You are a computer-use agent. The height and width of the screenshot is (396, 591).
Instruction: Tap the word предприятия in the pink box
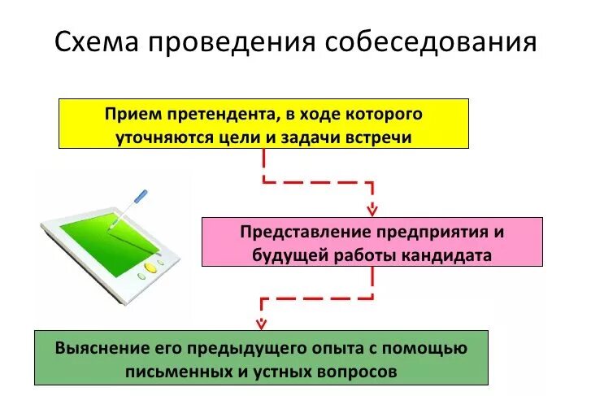pos(422,232)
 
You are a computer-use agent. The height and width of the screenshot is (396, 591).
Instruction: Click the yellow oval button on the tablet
pos(150,267)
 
